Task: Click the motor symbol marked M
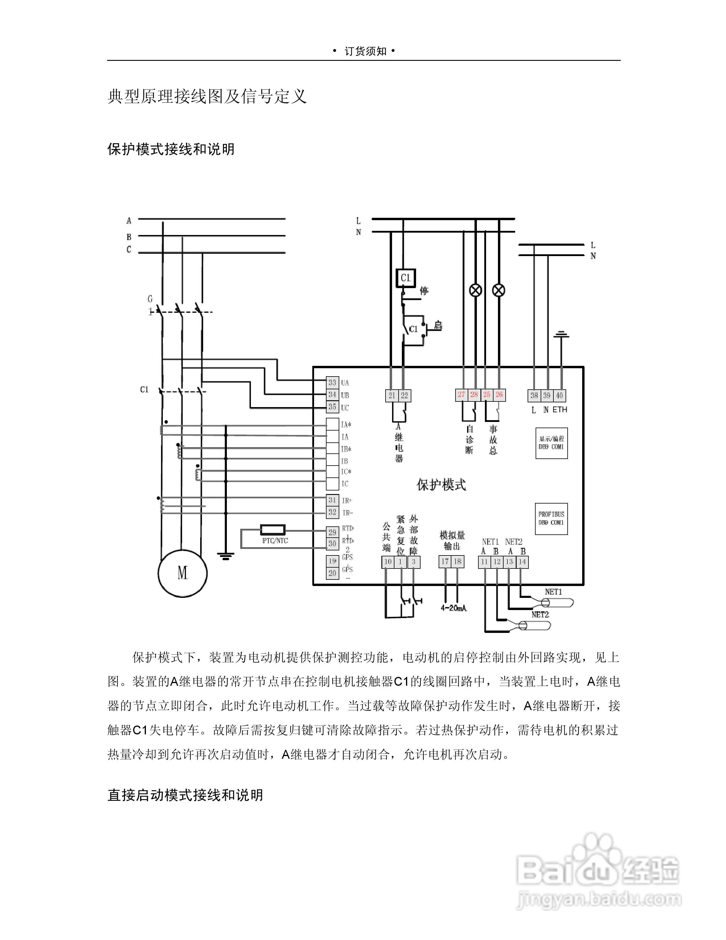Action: coord(182,573)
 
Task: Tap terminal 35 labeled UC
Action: coord(332,407)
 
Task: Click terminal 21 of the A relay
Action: coord(391,395)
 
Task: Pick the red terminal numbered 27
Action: coord(461,395)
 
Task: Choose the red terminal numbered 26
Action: coord(499,395)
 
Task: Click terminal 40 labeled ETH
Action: coord(559,395)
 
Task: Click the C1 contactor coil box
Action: coord(406,278)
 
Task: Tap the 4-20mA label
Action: coord(454,608)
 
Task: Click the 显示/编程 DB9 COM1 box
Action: coord(551,443)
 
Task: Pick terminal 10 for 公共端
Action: coord(388,562)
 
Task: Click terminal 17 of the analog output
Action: coord(445,562)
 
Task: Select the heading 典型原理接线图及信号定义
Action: coord(207,96)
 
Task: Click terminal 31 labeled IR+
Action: coord(332,500)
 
